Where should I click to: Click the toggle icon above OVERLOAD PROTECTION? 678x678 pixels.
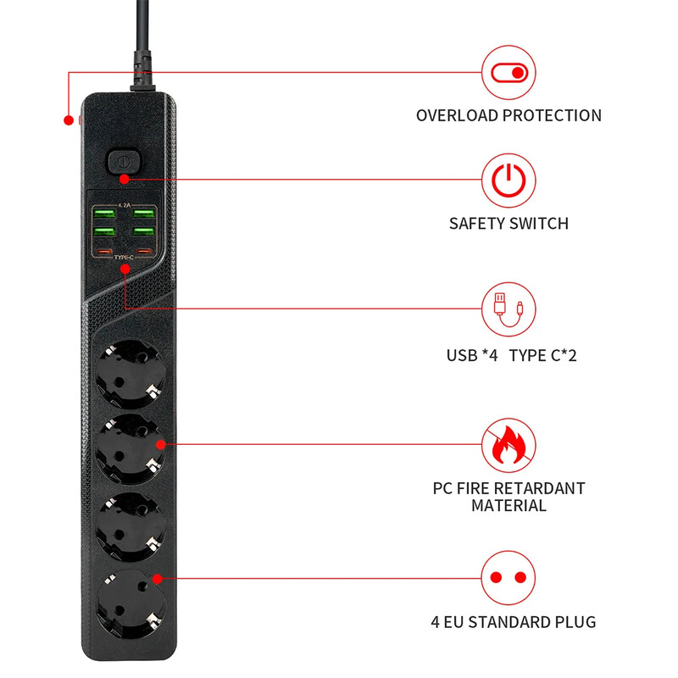(509, 72)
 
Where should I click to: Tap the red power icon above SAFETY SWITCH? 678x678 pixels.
(509, 181)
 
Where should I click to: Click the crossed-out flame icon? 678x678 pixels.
(509, 442)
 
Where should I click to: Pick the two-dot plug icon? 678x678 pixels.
(509, 578)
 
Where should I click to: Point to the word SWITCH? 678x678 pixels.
(537, 224)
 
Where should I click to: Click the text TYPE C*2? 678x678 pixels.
(543, 355)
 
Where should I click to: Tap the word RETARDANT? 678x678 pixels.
(539, 488)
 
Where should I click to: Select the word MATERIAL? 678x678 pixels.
(508, 506)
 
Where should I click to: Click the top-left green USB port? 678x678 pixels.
(103, 212)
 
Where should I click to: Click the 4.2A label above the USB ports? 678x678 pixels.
(124, 204)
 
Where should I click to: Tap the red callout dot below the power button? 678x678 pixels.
(125, 179)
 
